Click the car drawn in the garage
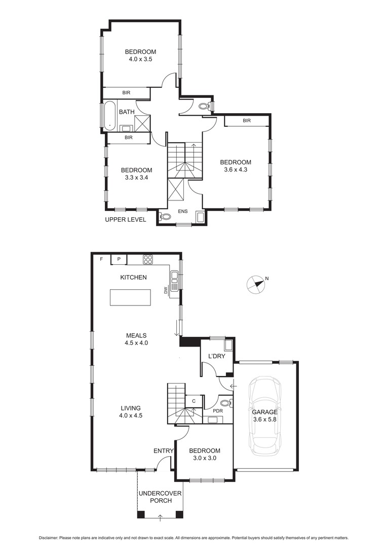(x=264, y=417)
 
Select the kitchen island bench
(x=131, y=297)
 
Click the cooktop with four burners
(x=148, y=260)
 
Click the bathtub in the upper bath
(x=109, y=116)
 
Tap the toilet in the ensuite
(x=165, y=217)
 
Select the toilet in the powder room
(x=227, y=403)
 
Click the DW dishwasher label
(x=166, y=290)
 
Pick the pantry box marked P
(x=119, y=259)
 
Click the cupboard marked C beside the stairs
(x=193, y=401)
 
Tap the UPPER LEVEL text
(x=126, y=220)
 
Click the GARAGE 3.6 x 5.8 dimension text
(x=265, y=416)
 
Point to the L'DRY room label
(x=217, y=356)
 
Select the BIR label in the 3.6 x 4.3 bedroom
(x=247, y=121)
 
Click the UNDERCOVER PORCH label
(x=160, y=497)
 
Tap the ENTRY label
(x=163, y=451)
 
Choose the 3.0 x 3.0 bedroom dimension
(x=205, y=458)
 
